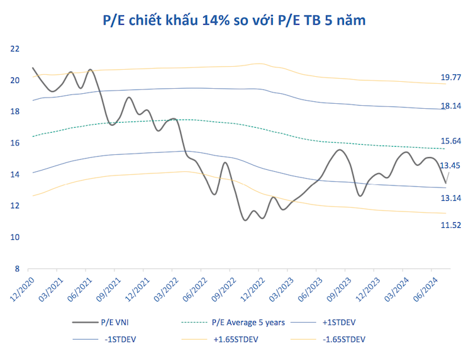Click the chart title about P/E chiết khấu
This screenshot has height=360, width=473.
234,20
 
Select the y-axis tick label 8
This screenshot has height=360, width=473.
17,269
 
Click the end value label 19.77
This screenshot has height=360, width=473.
452,77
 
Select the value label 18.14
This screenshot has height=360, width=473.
452,106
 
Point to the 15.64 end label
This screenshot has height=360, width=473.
452,141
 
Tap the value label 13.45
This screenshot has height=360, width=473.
450,166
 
